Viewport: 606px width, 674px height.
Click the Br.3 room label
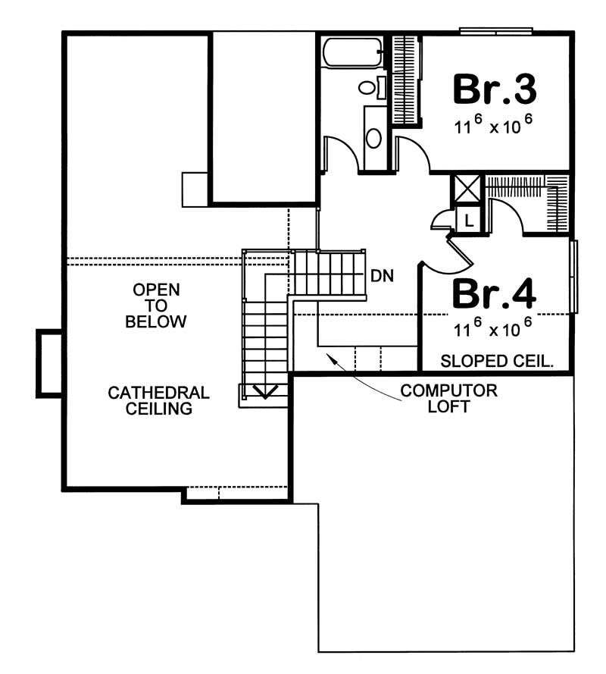[495, 89]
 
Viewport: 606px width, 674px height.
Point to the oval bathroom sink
[374, 138]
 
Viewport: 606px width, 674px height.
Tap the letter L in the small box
[469, 221]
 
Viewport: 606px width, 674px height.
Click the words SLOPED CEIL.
[496, 360]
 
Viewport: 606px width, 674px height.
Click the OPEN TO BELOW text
[156, 306]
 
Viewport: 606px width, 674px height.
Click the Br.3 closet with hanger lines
[405, 79]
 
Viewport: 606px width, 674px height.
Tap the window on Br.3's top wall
[496, 31]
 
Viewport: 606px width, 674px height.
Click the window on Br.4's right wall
[574, 276]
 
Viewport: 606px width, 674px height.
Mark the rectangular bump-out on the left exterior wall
[49, 363]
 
